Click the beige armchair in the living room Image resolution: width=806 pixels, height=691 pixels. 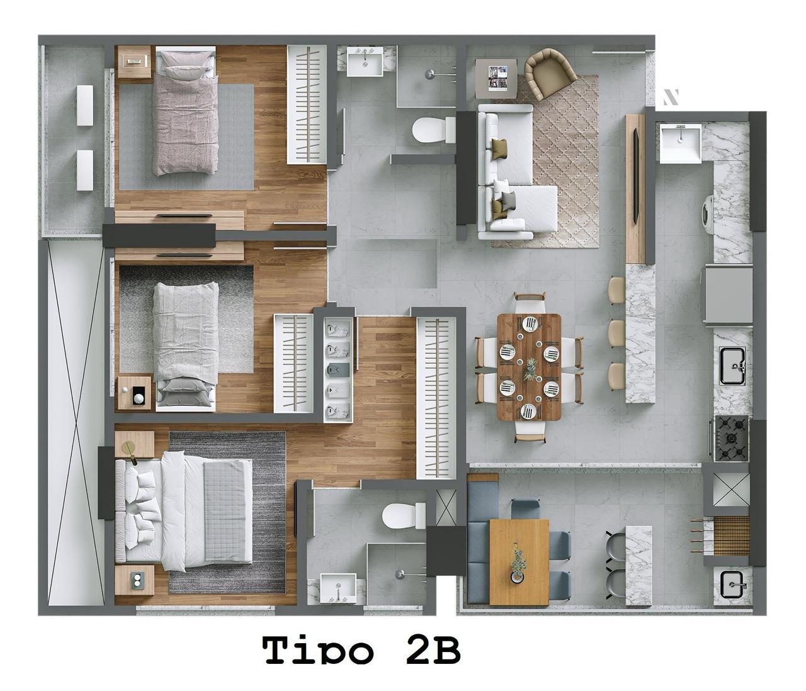pyautogui.click(x=550, y=73)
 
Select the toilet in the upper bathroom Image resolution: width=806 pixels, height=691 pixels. pyautogui.click(x=433, y=130)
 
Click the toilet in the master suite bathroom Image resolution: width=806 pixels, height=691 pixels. pyautogui.click(x=404, y=515)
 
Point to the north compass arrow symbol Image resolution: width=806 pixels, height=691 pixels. pyautogui.click(x=671, y=98)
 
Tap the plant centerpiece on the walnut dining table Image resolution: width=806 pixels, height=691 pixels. pyautogui.click(x=530, y=369)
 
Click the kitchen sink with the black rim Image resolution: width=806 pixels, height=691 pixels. pyautogui.click(x=733, y=366)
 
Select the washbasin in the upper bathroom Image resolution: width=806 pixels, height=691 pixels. pyautogui.click(x=365, y=61)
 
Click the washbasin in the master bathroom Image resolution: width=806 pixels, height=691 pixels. pyautogui.click(x=338, y=588)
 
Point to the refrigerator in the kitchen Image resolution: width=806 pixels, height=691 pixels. pyautogui.click(x=727, y=295)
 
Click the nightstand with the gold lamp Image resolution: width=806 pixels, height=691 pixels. pyautogui.click(x=135, y=444)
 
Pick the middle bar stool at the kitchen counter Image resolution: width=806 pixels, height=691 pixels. pyautogui.click(x=617, y=333)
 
